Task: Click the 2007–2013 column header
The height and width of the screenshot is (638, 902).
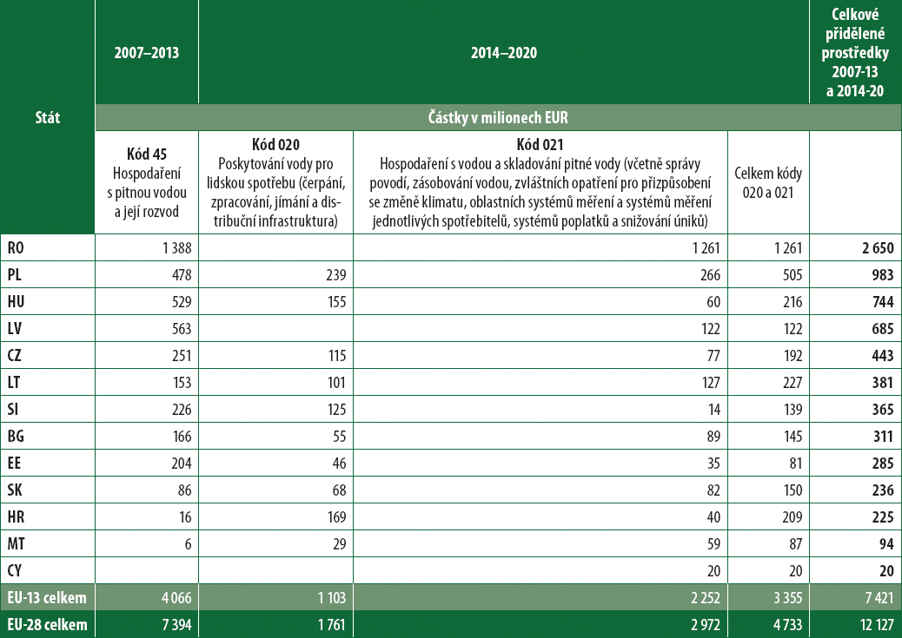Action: point(146,53)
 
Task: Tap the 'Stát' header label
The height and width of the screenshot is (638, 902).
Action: point(47,118)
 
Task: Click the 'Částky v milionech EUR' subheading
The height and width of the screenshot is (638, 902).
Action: point(497,117)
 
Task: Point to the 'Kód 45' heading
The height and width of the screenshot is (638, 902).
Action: point(146,154)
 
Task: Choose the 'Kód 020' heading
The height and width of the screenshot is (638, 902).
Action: point(275,143)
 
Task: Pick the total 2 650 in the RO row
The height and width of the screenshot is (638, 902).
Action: point(876,247)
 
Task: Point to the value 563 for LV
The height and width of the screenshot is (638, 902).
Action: point(177,330)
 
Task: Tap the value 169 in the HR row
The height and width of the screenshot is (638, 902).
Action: point(335,516)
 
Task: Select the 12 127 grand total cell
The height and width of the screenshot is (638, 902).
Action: point(872,625)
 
